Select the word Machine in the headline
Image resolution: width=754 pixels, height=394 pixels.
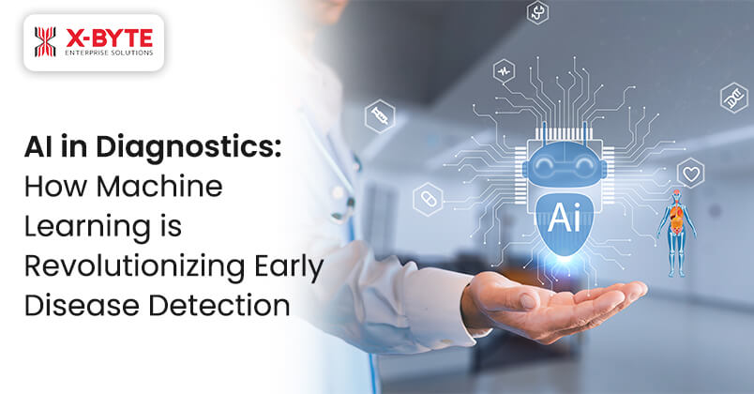[x=171, y=188]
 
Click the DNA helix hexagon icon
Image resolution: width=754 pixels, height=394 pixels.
[x=733, y=97]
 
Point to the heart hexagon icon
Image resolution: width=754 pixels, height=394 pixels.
[x=690, y=174]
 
